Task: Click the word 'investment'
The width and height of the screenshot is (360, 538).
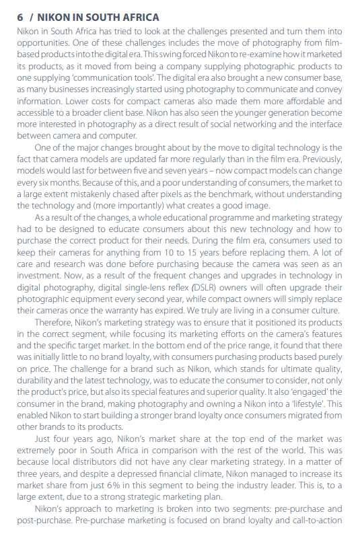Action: [38, 276]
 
